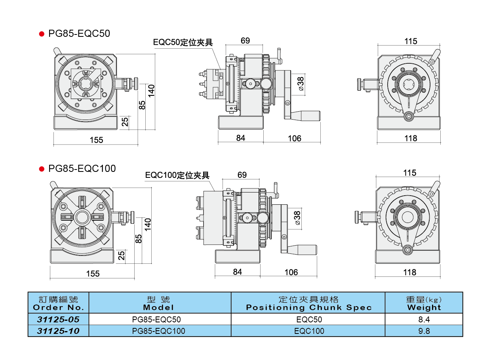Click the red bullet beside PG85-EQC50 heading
[41, 34]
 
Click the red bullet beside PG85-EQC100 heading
[41, 169]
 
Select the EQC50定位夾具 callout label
[183, 42]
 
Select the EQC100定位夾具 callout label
[177, 175]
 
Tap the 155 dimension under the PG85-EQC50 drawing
[96, 140]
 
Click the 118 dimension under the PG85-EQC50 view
[411, 138]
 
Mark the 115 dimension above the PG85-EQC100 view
[410, 173]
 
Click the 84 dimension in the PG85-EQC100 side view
[238, 272]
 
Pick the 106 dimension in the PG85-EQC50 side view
[294, 138]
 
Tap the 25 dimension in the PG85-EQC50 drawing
[125, 122]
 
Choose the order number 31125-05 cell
[59, 319]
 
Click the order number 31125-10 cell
[59, 331]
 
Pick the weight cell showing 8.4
[424, 319]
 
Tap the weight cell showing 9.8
[424, 331]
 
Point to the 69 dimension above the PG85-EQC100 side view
[242, 175]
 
